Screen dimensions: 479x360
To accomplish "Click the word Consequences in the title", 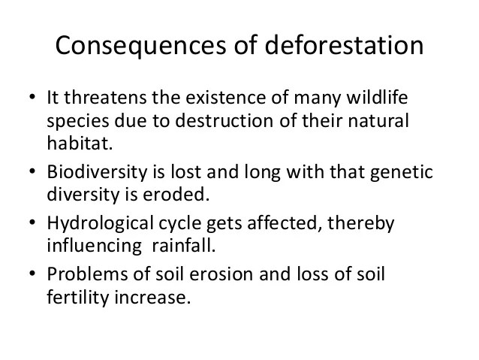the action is pyautogui.click(x=140, y=46).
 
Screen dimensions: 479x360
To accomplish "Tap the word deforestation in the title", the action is pyautogui.click(x=344, y=44).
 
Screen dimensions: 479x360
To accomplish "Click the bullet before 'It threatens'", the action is pyautogui.click(x=32, y=97).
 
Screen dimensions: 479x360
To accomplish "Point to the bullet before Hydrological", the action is pyautogui.click(x=32, y=222).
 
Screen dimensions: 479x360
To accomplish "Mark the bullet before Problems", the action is pyautogui.click(x=32, y=273).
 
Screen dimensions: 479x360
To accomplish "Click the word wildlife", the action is pyautogui.click(x=377, y=97).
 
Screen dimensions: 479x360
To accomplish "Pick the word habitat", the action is pyautogui.click(x=80, y=142).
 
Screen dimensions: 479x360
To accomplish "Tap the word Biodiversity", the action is pyautogui.click(x=97, y=172).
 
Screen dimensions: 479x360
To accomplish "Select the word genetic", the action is pyautogui.click(x=402, y=173).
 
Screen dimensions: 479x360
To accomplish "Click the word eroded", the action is pyautogui.click(x=176, y=194).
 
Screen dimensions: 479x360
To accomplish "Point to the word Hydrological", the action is pyautogui.click(x=100, y=223).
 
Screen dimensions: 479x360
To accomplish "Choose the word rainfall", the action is pyautogui.click(x=184, y=245).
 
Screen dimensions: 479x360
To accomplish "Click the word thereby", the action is pyautogui.click(x=361, y=223).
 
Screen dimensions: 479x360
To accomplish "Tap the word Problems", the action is pyautogui.click(x=87, y=274).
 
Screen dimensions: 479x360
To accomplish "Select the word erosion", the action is pyautogui.click(x=221, y=274).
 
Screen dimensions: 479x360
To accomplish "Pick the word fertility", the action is pyautogui.click(x=78, y=298).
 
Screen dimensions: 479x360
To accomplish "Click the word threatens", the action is pyautogui.click(x=105, y=97).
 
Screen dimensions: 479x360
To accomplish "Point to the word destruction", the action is pyautogui.click(x=224, y=120).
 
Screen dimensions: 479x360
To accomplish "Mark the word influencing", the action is pyautogui.click(x=95, y=246).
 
